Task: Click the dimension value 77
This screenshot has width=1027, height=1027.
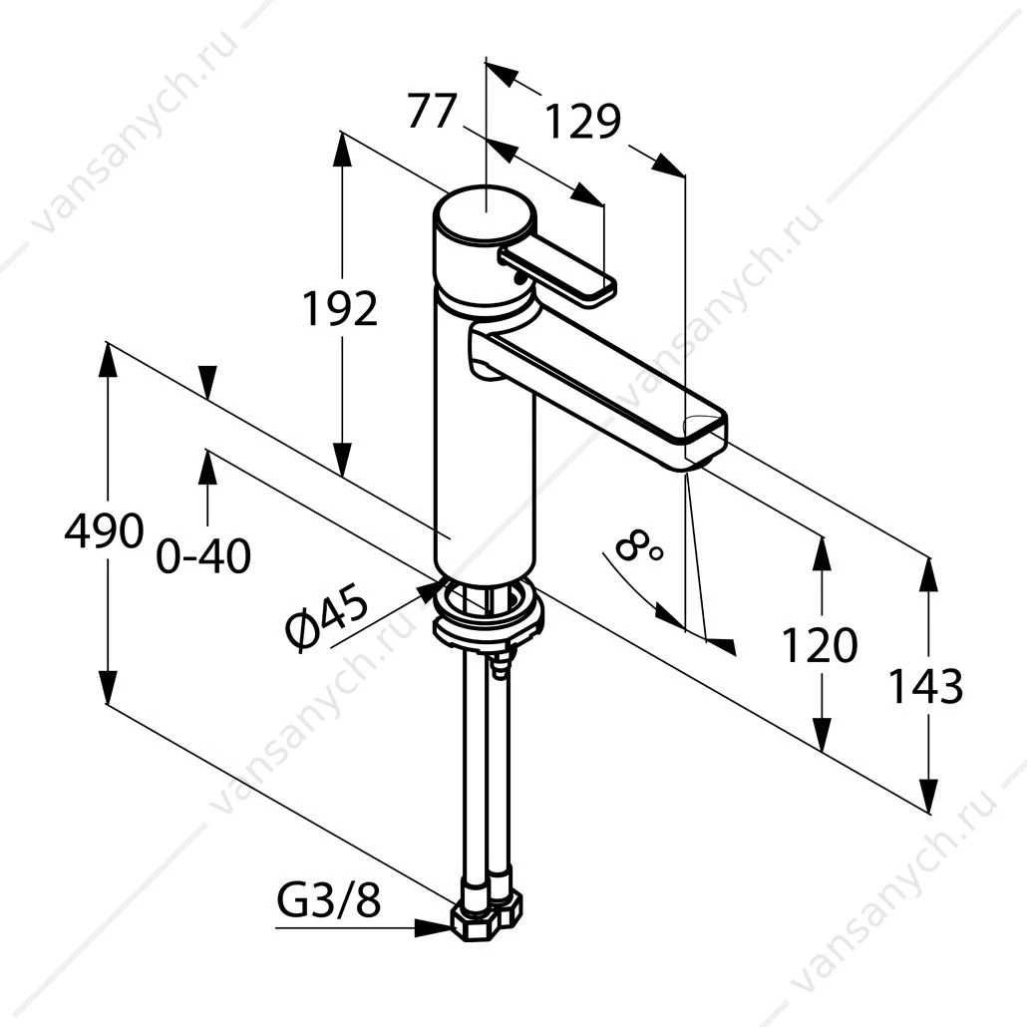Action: (431, 111)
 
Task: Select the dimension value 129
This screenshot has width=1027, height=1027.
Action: (583, 122)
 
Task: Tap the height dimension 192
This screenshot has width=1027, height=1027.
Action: (340, 308)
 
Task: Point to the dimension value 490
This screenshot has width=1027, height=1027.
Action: (104, 530)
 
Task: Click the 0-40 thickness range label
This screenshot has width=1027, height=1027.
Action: (203, 556)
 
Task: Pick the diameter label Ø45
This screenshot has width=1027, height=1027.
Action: (325, 618)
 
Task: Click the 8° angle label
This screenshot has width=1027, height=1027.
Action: (638, 548)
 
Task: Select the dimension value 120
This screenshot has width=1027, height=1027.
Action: (820, 644)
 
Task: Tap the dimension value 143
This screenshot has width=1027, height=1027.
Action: (925, 686)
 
